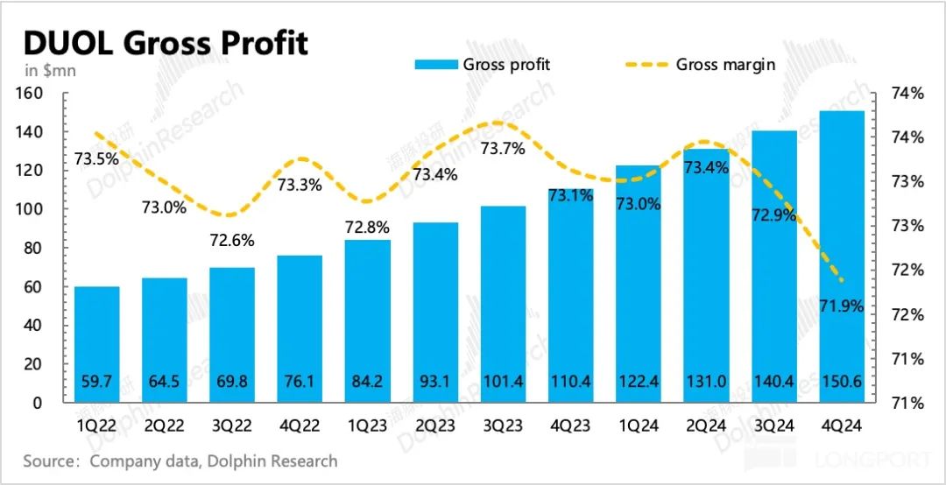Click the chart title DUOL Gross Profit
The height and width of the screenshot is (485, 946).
[x=166, y=42]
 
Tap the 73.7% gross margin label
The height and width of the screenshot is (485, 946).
[x=503, y=149]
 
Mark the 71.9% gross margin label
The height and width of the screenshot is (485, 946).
[x=842, y=306]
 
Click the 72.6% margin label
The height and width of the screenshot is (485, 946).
[x=232, y=239]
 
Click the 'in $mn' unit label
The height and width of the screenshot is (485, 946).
[x=50, y=71]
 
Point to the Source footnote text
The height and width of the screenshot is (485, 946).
[x=180, y=460]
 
